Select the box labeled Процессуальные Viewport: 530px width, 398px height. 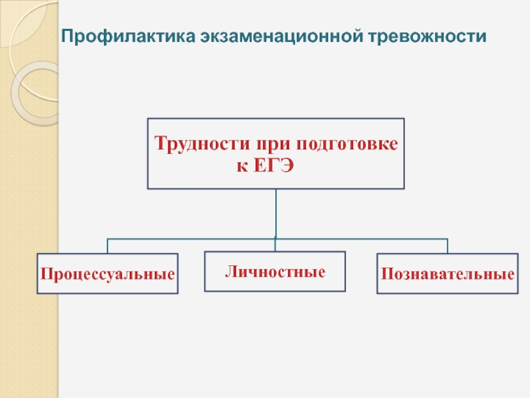(107, 273)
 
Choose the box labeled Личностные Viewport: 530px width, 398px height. (275, 271)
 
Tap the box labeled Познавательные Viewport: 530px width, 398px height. (447, 273)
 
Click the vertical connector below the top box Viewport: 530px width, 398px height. (276, 212)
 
